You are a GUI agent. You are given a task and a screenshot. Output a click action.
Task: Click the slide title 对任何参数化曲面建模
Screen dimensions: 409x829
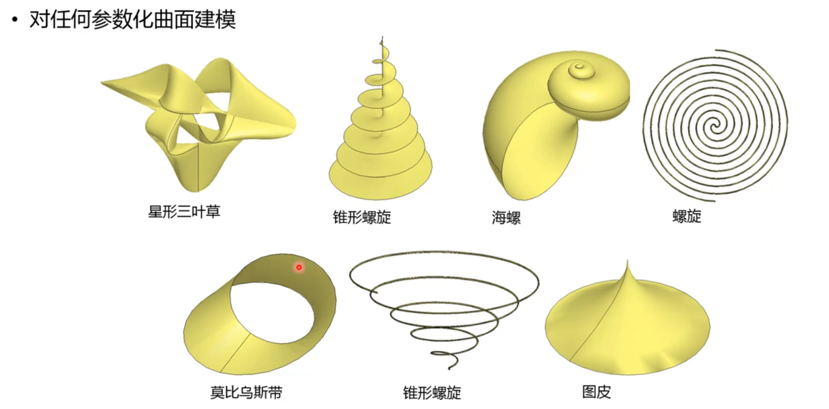132,20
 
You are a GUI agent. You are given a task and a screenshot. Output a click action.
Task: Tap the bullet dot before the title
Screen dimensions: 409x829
14,20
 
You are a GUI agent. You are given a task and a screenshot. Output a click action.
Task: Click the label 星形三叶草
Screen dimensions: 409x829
184,211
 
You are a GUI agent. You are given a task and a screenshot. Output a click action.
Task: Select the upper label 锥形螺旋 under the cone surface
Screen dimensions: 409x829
362,217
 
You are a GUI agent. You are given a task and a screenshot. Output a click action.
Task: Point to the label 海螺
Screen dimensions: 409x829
506,217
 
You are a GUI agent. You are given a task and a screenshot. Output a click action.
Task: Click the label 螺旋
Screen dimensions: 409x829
687,216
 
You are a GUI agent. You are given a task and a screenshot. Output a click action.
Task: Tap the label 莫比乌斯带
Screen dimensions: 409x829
246,393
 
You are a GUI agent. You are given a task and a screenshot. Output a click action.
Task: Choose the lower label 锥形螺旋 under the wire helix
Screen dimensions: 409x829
432,393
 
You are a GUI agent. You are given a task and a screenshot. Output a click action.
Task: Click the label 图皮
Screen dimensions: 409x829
596,392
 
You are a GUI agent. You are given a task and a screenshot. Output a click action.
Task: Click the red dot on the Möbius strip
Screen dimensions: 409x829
299,267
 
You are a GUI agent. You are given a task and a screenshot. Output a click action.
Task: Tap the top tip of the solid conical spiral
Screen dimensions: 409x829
382,39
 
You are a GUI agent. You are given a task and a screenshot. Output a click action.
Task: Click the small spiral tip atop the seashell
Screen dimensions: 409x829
579,66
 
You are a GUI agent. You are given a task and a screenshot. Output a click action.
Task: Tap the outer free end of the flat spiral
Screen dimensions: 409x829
717,50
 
